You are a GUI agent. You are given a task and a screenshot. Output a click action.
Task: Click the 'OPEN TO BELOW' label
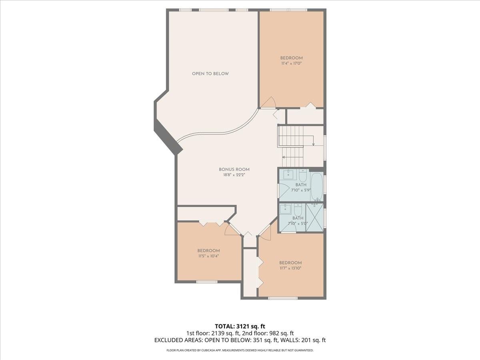coord(210,74)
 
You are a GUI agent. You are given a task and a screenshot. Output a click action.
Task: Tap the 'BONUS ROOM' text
coord(234,170)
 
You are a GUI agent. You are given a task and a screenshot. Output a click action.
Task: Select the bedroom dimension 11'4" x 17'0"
coord(291,63)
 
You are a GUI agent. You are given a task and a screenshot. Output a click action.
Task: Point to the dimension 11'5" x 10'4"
coord(208,256)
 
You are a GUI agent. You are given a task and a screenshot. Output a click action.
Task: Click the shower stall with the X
coord(314,218)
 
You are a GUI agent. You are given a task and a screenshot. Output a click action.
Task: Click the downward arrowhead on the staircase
coord(313,144)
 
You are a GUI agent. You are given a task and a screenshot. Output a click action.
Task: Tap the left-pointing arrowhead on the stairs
coord(284,157)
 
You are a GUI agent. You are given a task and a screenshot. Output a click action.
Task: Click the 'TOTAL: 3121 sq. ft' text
coord(240,326)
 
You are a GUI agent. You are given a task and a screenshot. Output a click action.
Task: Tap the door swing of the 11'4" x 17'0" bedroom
coord(268,102)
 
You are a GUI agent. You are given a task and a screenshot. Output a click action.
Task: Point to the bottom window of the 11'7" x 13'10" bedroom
coord(283,298)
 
